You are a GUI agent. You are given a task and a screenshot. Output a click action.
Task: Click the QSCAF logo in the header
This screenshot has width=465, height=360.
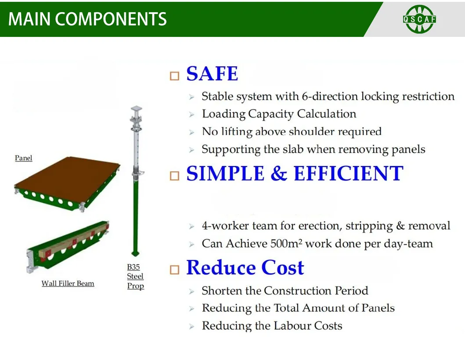click(419, 19)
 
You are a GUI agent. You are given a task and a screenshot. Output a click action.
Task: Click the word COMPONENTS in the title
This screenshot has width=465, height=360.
click(111, 19)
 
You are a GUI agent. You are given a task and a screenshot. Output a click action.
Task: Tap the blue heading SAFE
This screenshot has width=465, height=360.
click(213, 74)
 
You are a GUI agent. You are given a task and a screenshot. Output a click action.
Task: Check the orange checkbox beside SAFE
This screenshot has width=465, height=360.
click(174, 76)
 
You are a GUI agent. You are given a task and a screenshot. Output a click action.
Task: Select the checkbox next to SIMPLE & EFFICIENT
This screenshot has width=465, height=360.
click(174, 176)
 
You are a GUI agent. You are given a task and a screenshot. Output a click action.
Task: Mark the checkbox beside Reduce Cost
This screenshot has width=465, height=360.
click(174, 270)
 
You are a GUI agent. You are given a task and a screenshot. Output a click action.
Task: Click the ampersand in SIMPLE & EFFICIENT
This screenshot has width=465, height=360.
click(279, 173)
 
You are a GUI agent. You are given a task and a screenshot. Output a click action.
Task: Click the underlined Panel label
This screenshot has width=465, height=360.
click(23, 158)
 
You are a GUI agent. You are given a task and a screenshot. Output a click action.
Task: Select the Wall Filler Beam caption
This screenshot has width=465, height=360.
click(68, 284)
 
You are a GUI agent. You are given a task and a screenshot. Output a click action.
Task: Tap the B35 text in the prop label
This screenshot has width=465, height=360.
click(133, 267)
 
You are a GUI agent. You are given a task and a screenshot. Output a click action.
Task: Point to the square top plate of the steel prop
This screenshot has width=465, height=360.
click(137, 108)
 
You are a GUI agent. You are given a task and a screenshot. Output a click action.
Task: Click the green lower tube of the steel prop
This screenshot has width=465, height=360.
click(135, 216)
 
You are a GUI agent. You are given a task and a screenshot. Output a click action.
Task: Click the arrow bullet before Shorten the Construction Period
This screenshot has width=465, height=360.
click(192, 292)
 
